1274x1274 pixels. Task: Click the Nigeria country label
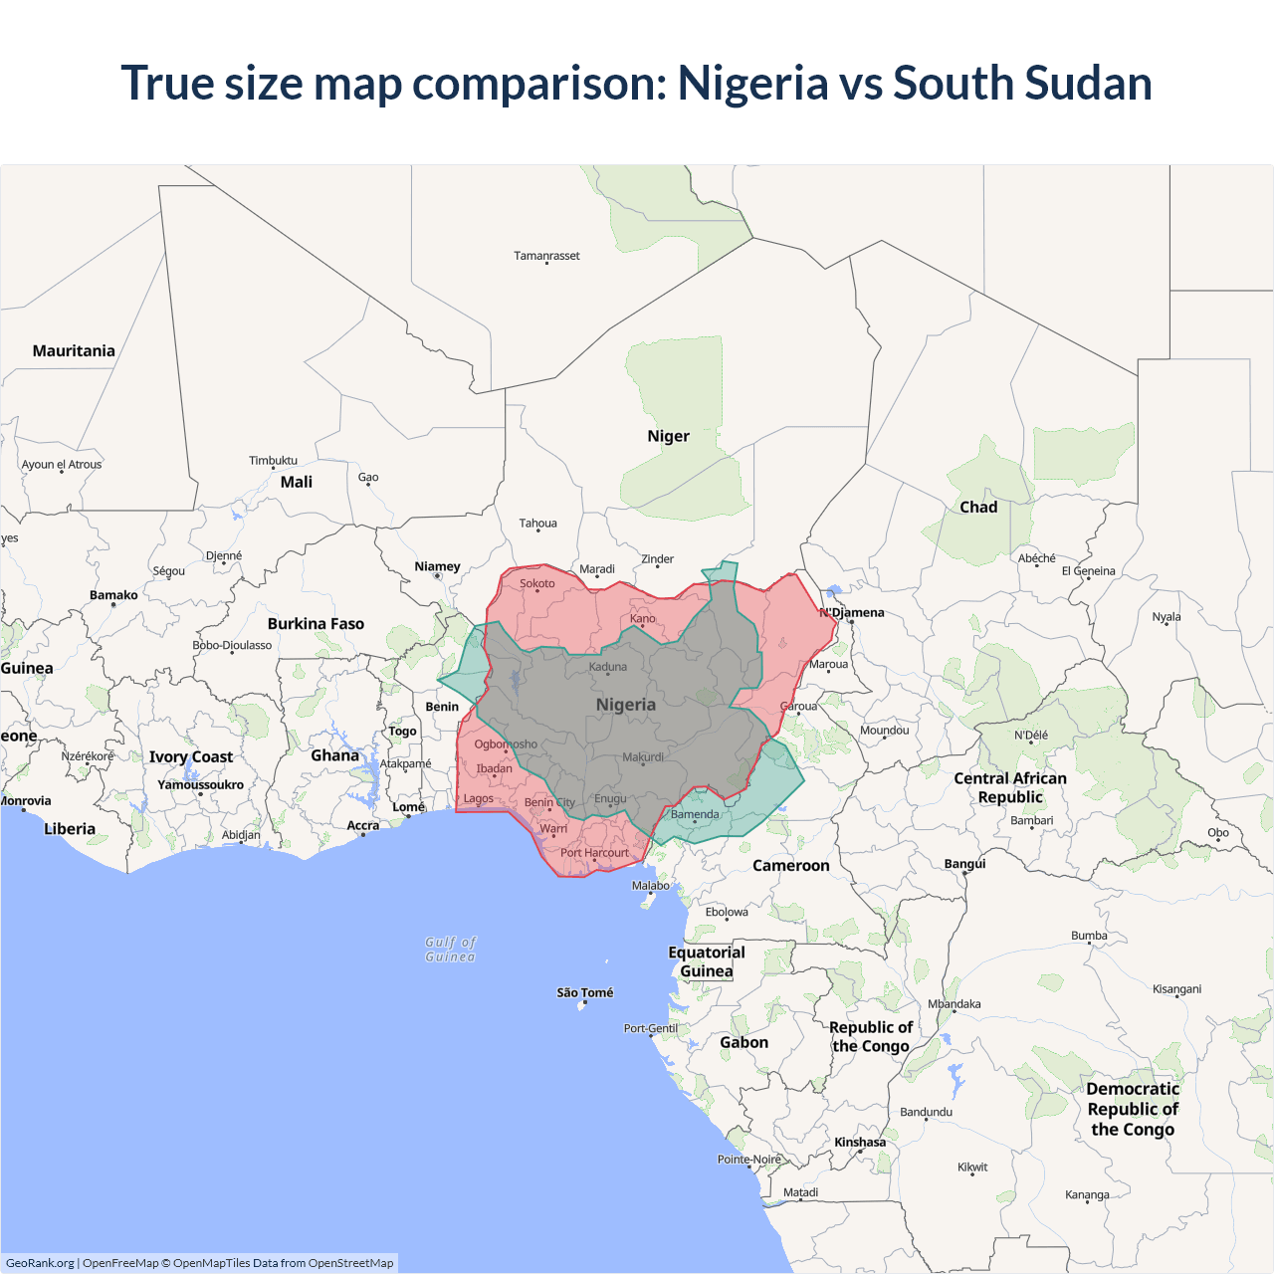tap(625, 705)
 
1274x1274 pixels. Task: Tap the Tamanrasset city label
tap(546, 256)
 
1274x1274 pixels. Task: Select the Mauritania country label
tap(74, 350)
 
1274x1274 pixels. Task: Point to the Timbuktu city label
tap(273, 460)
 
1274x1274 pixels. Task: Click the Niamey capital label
tap(437, 566)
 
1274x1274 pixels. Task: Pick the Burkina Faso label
tap(316, 623)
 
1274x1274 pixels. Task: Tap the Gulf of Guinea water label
tap(451, 949)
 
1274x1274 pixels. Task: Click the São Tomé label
tap(584, 992)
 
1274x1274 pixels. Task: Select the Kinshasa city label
tap(860, 1142)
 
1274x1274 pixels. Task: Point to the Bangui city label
tap(964, 863)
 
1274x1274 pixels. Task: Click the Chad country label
tap(978, 507)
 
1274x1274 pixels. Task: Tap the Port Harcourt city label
tap(594, 852)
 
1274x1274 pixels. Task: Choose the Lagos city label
tap(478, 798)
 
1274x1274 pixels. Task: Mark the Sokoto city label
tap(537, 583)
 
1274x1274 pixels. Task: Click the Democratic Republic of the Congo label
tap(1133, 1109)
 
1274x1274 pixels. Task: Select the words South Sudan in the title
tap(1022, 83)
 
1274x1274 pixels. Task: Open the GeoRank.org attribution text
tap(40, 1263)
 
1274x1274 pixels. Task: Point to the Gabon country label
tap(743, 1042)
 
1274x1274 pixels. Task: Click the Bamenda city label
tap(695, 814)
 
